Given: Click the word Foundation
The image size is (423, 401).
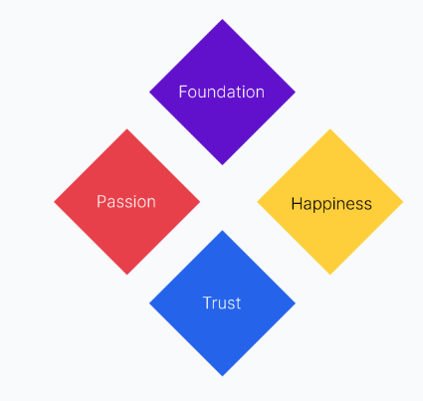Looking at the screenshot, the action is (x=222, y=92).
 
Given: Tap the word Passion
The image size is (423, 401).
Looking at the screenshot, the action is (x=126, y=202).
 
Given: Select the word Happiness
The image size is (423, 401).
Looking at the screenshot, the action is (x=331, y=204).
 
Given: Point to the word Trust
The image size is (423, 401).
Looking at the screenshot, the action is (x=222, y=303).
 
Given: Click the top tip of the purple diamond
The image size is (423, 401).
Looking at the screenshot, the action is (x=222, y=19).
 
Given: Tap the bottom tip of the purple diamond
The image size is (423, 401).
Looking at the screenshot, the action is (x=222, y=165).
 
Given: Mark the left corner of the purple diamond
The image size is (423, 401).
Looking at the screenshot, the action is (x=149, y=93).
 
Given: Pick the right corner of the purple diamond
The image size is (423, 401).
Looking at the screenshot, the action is (x=296, y=93).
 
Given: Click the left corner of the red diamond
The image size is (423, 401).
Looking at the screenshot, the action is (x=54, y=202).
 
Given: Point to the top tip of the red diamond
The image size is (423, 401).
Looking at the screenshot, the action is (x=126, y=128).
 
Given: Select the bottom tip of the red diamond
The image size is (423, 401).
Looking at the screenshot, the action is (x=126, y=275).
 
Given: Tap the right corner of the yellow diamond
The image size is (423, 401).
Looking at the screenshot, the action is (x=403, y=202).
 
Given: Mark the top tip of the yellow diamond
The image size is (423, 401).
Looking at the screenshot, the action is (x=330, y=128).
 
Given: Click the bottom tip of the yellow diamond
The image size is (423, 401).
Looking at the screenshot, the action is (x=330, y=275).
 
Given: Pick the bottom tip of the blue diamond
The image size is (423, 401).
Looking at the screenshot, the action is (x=222, y=376).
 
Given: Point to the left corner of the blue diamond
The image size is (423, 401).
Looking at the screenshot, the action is (x=149, y=303).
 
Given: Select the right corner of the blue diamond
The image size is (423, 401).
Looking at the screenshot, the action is (x=296, y=303).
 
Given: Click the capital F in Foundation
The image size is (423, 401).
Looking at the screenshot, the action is (x=183, y=92).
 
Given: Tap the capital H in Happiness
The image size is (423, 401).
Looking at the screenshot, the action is (x=297, y=203).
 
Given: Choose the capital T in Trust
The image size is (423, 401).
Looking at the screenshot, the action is (x=208, y=302).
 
